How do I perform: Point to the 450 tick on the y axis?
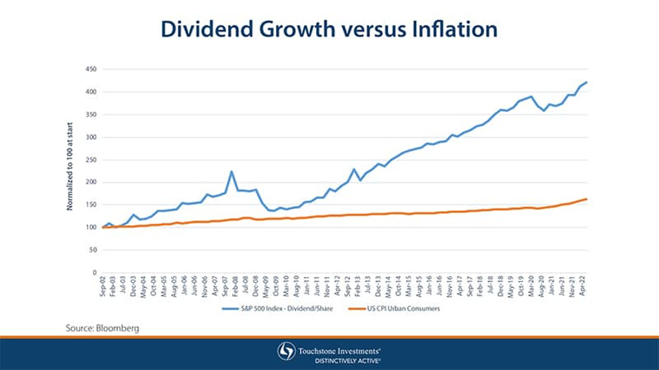(91, 69)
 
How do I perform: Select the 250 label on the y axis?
(91, 160)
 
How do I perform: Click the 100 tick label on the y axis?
(91, 227)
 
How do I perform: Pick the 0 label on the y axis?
(94, 273)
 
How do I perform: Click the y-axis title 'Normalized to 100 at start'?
(70, 171)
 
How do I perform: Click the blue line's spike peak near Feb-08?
(231, 171)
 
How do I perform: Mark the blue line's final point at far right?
(587, 82)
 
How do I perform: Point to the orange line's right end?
(587, 199)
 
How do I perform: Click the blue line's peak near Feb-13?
(353, 169)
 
